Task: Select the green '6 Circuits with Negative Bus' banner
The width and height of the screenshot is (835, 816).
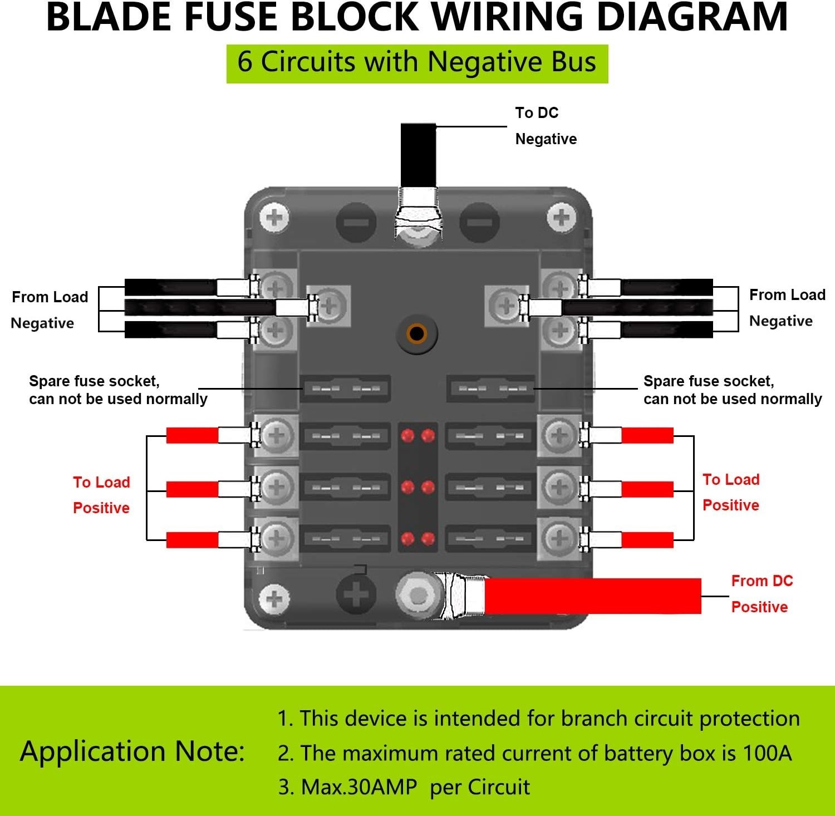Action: point(417,63)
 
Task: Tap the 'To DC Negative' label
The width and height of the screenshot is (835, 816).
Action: point(546,126)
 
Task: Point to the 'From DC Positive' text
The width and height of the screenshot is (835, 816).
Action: point(761,594)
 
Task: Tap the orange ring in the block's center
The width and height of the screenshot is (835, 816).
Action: point(416,334)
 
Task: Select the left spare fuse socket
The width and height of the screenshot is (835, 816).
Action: point(345,388)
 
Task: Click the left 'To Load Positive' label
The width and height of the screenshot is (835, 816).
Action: point(101,495)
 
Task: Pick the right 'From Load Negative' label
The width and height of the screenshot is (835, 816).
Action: point(786,308)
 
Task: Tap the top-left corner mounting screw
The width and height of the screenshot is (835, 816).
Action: point(274,217)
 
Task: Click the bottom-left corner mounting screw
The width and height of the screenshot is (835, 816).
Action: point(274,599)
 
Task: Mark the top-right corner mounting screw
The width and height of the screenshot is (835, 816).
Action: point(561,217)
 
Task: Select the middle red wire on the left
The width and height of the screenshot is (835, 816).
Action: point(192,489)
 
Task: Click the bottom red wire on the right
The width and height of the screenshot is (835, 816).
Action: point(647,539)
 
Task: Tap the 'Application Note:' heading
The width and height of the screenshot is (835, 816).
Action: point(132,751)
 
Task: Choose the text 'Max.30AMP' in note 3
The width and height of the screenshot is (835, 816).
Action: point(358,787)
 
